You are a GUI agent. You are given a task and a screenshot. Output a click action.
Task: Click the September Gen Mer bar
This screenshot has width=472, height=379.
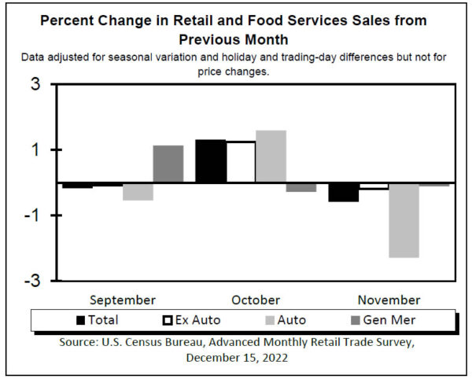tap(168, 164)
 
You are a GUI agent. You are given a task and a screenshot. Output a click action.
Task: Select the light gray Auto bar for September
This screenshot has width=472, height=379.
tap(138, 191)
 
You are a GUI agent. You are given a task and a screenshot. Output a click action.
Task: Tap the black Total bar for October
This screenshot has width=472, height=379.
tap(210, 160)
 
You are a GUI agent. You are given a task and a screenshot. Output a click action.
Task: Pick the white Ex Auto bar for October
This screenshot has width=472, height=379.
tap(241, 161)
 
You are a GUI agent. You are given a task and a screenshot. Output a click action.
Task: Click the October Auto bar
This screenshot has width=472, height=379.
tap(271, 156)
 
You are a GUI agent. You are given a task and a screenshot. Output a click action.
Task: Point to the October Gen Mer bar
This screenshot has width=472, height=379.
tap(301, 187)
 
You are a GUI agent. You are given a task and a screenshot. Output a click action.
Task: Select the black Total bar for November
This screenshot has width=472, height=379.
tap(343, 192)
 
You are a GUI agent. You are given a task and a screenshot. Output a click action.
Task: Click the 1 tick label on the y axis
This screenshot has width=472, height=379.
tap(36, 149)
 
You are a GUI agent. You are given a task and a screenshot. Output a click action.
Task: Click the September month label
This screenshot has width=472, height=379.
tap(122, 300)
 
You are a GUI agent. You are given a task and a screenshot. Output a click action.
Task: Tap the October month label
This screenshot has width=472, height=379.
tap(256, 300)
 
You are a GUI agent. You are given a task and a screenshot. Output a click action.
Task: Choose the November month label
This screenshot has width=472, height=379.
tap(389, 300)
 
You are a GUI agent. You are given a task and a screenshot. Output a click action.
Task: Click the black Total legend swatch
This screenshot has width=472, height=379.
tap(80, 320)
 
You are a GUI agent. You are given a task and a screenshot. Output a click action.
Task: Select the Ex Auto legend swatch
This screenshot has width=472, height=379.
tap(166, 320)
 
